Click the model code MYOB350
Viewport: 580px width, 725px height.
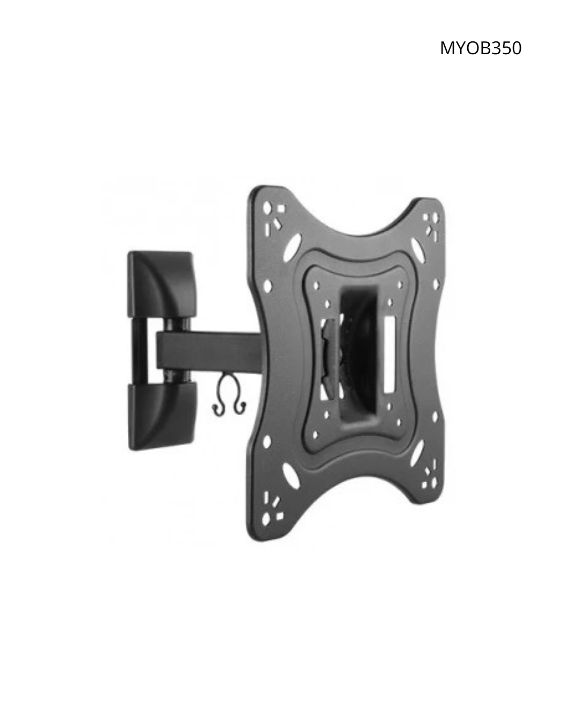tap(481, 48)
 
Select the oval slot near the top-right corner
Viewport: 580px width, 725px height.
tap(418, 247)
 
